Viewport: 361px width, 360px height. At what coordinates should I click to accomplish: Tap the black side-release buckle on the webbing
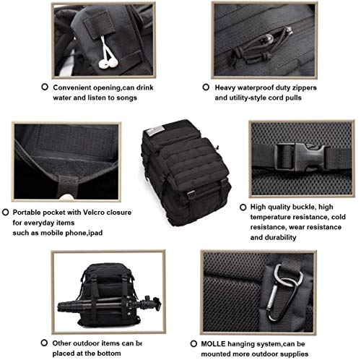tap(301, 156)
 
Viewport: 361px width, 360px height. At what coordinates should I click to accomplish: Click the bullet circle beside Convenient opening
tap(45, 87)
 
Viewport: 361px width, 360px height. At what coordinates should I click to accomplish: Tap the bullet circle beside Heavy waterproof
tap(206, 87)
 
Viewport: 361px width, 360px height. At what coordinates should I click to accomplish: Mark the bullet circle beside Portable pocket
tap(5, 212)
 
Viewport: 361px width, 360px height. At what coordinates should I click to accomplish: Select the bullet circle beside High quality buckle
tap(243, 207)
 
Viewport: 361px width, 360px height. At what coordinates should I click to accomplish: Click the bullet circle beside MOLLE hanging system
tap(193, 343)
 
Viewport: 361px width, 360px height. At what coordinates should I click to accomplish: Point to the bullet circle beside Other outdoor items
tap(44, 343)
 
